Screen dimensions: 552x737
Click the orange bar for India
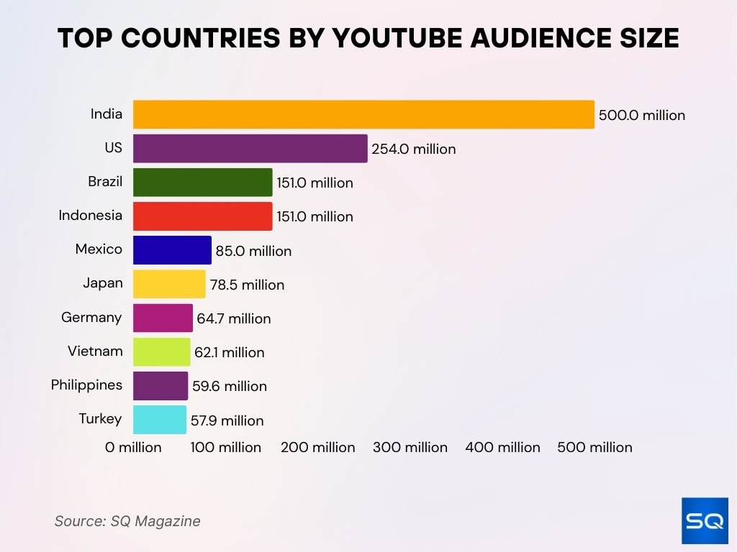click(x=363, y=114)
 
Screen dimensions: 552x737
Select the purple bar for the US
click(x=250, y=149)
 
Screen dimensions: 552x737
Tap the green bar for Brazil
click(x=202, y=183)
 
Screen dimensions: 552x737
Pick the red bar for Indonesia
click(x=202, y=216)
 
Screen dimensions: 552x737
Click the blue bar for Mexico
click(x=172, y=251)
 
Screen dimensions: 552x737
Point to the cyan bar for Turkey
click(x=159, y=420)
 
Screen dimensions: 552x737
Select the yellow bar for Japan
click(x=169, y=285)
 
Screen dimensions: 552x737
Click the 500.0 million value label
click(x=642, y=115)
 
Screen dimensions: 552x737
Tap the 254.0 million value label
click(x=414, y=149)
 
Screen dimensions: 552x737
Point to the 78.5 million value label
click(x=247, y=285)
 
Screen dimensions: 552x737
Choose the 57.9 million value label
click(x=227, y=420)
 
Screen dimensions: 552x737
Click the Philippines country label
click(x=86, y=385)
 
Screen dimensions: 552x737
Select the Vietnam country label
click(x=95, y=351)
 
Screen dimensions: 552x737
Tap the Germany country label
click(x=91, y=318)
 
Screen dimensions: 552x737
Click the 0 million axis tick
click(x=133, y=447)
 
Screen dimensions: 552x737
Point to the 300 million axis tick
click(x=410, y=447)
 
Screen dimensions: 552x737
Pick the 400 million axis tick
click(x=502, y=447)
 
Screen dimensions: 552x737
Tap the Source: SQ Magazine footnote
click(x=127, y=521)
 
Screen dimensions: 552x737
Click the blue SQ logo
click(x=705, y=520)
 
